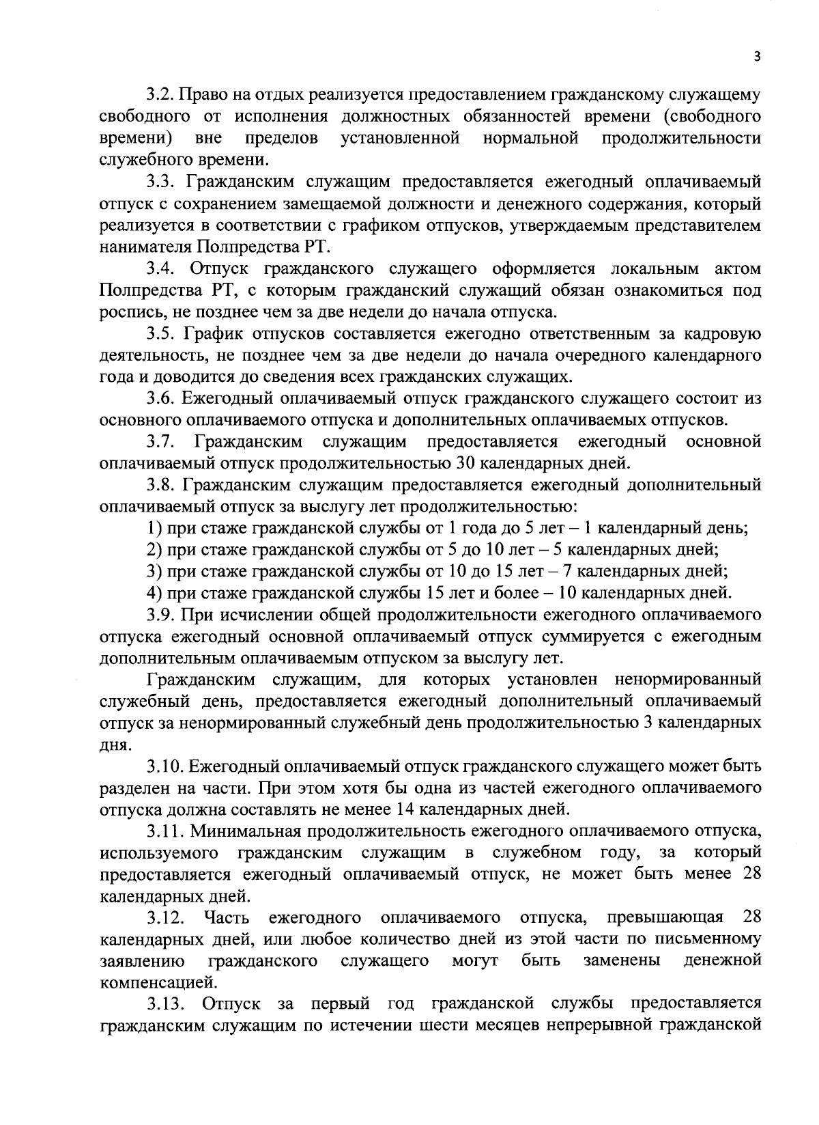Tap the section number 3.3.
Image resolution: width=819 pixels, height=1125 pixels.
pos(160,182)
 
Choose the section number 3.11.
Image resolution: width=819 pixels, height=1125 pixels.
pos(164,831)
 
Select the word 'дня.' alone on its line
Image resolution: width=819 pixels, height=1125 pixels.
pos(114,745)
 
